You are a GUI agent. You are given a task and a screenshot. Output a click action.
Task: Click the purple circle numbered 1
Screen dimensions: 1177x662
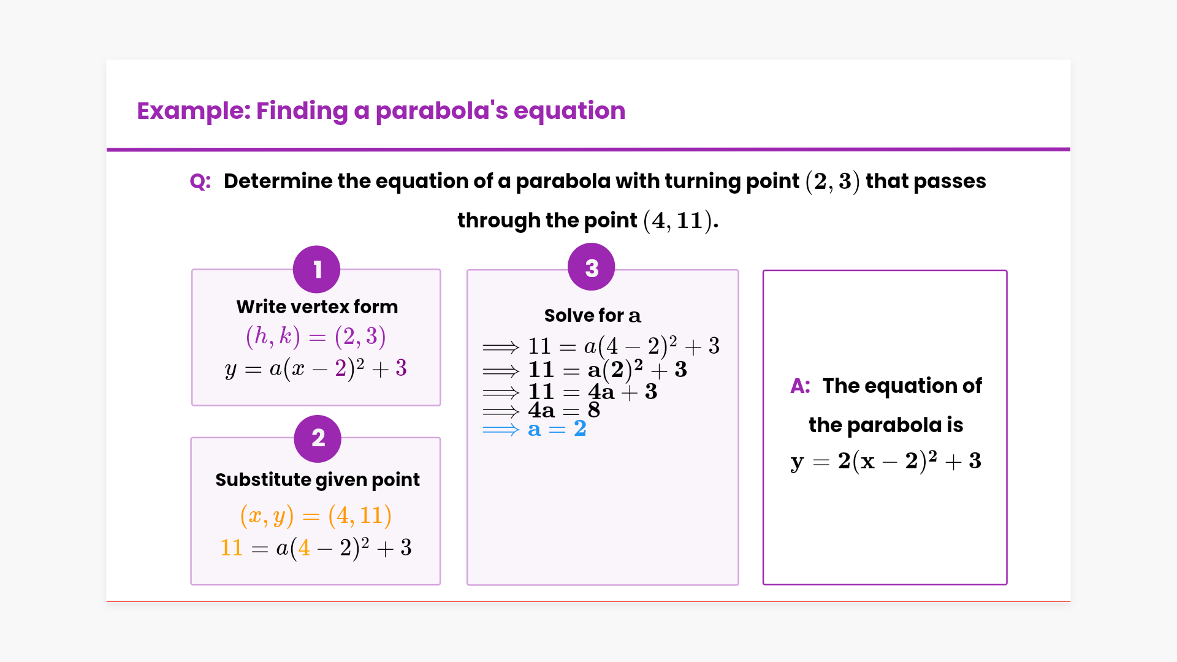click(316, 269)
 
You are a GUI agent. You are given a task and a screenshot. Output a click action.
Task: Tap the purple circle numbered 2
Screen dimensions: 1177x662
click(318, 438)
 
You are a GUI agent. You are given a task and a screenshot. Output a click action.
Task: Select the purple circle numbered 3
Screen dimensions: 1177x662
click(592, 267)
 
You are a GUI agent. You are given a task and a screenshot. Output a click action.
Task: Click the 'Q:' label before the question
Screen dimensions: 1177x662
click(200, 181)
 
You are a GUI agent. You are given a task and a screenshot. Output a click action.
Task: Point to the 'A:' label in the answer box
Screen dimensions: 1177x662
click(801, 386)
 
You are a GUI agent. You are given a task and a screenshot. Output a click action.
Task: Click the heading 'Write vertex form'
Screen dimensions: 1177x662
click(317, 306)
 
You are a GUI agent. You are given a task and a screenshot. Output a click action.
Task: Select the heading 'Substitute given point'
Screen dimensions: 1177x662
click(318, 479)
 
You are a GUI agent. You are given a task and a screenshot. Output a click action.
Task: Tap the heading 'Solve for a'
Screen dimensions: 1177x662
click(592, 315)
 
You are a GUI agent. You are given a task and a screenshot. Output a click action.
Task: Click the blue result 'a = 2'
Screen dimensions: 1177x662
click(557, 429)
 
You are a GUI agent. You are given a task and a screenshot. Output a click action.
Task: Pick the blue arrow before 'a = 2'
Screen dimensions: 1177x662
click(501, 430)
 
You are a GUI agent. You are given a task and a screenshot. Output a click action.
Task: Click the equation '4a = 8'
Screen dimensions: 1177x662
click(564, 410)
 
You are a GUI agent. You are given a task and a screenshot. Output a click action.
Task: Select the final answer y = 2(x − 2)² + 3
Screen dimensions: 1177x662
click(886, 461)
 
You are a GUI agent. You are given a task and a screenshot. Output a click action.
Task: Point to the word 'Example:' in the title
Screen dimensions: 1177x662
click(194, 111)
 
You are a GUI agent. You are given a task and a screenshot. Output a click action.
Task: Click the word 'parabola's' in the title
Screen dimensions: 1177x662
click(441, 111)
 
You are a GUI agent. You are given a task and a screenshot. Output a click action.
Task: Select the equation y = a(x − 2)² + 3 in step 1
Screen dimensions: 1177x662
click(316, 369)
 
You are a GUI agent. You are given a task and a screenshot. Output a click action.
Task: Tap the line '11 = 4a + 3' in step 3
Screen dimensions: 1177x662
click(593, 392)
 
